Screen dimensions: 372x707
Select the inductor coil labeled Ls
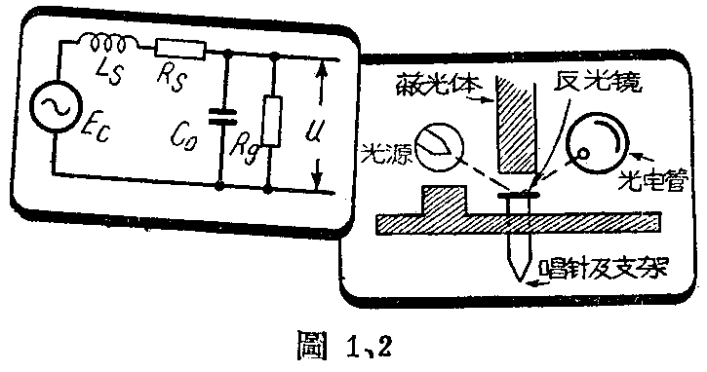coord(107,44)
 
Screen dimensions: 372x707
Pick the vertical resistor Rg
coord(274,122)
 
